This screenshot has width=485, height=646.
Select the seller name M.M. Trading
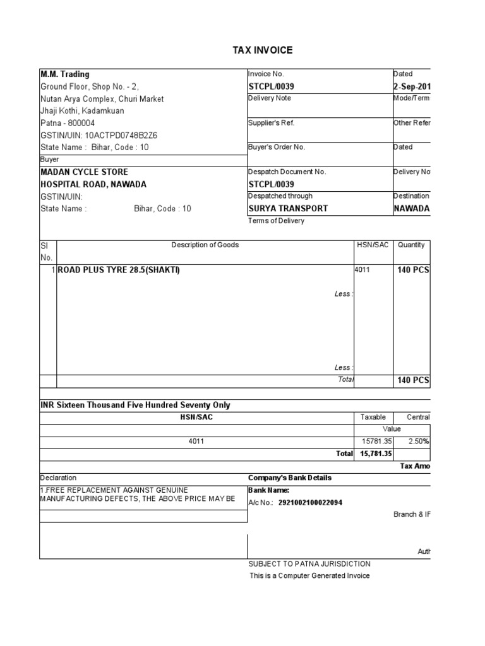coord(65,74)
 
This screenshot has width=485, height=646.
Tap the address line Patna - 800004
coord(68,123)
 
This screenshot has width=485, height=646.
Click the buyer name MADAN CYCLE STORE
coord(84,172)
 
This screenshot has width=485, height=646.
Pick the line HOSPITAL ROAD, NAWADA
coord(93,184)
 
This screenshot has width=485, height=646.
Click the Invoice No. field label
coord(266,74)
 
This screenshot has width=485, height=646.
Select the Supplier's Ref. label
coord(272,123)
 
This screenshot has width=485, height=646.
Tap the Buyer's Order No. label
coord(277,147)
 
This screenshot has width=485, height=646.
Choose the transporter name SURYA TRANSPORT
coord(288,209)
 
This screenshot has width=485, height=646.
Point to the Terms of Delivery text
coord(276,221)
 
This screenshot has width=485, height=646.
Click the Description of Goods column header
coord(205,245)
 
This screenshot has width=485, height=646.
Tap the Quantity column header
coord(411,245)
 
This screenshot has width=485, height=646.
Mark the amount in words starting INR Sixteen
coord(135,406)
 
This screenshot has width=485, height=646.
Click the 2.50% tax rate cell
coord(419,442)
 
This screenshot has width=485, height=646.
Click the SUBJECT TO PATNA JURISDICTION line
coord(309,564)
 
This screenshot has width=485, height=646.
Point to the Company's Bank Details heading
coord(290,478)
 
